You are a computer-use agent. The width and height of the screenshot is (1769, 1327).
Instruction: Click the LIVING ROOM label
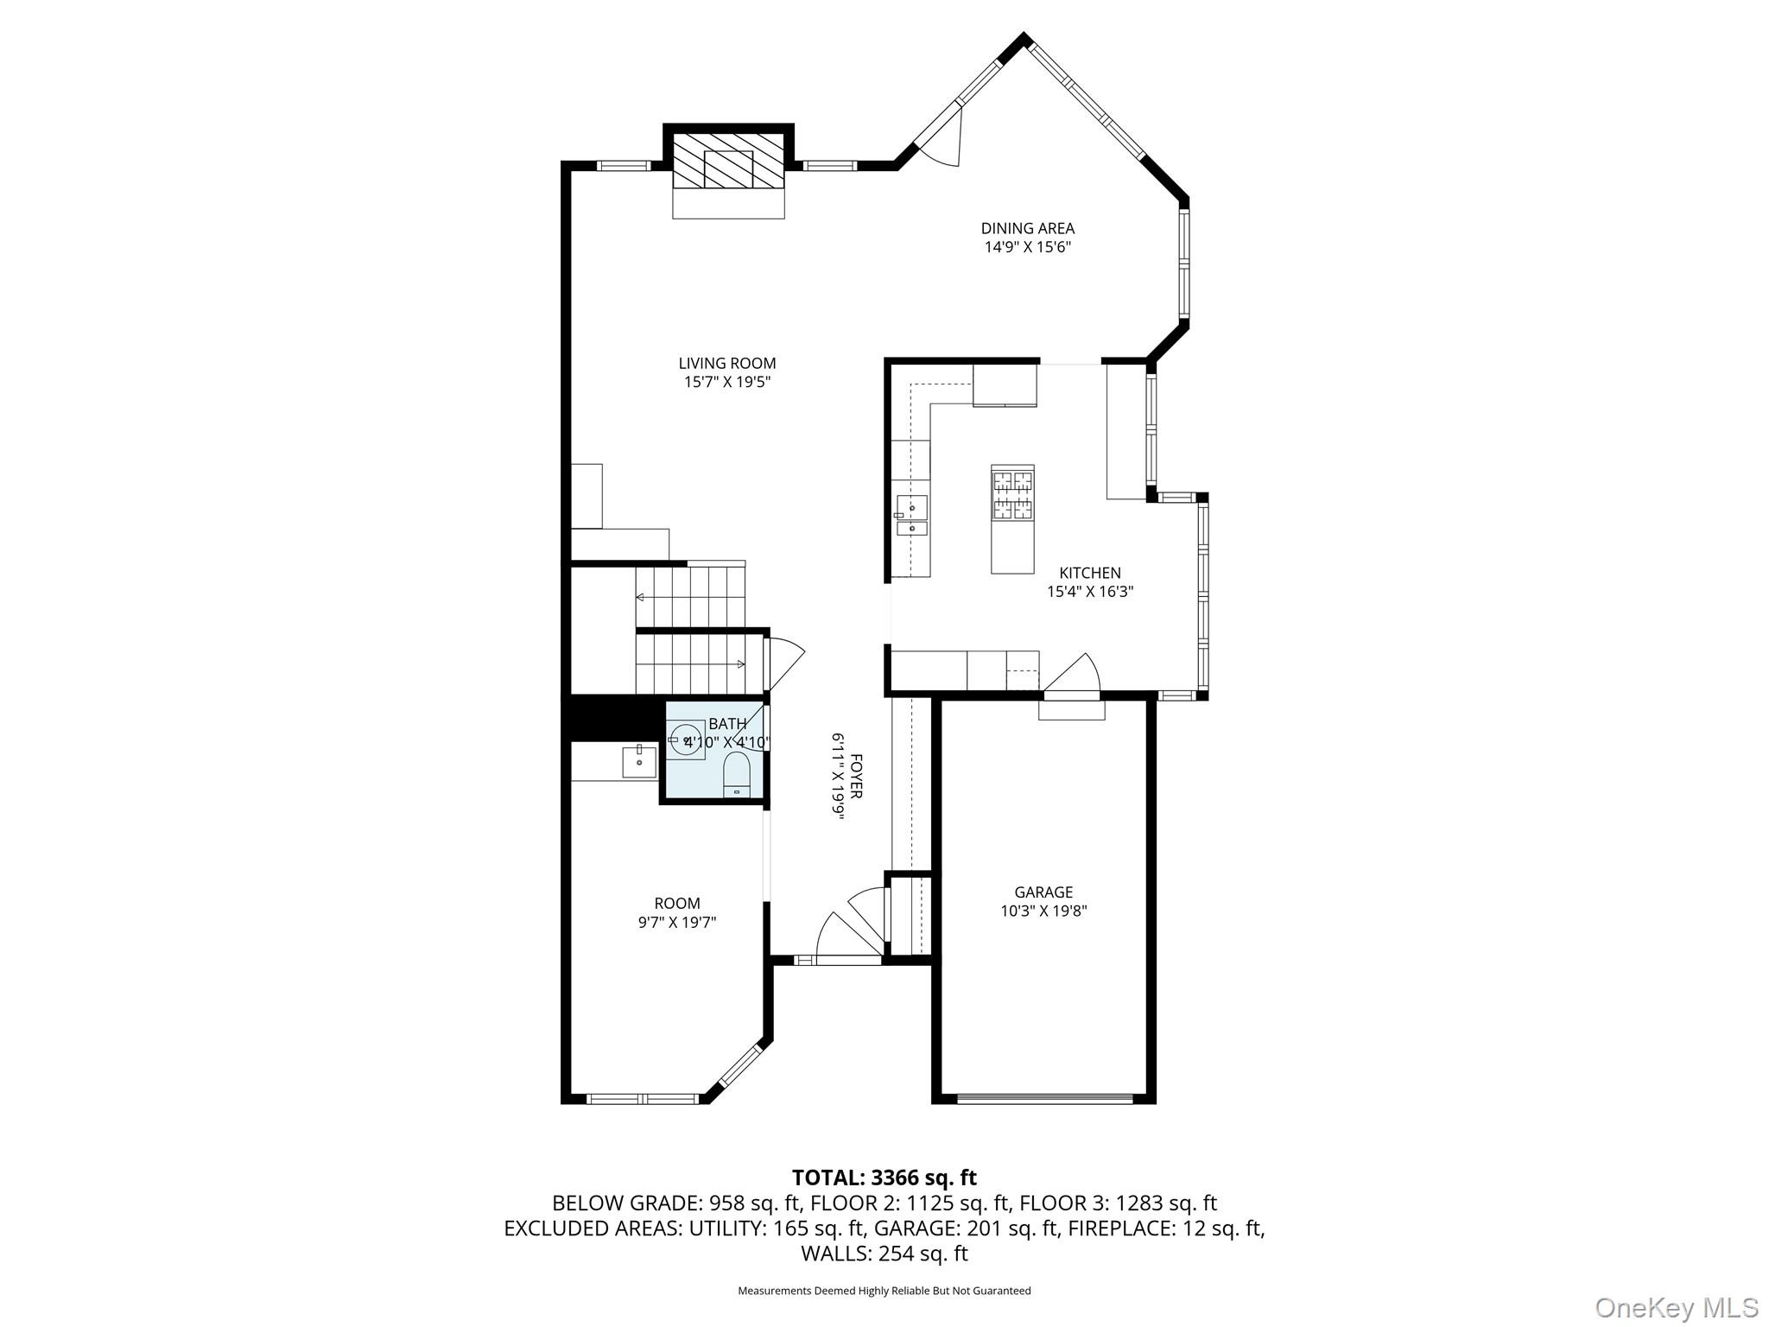point(727,364)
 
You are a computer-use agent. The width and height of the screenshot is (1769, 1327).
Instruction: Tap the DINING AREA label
point(1028,229)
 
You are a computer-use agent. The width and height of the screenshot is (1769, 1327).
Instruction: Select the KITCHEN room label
point(1090,573)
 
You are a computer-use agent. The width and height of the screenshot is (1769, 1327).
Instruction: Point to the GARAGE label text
point(1043,892)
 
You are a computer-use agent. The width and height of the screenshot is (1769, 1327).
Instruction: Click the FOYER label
point(856,777)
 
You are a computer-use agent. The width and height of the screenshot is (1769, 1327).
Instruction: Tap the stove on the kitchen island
point(1012,494)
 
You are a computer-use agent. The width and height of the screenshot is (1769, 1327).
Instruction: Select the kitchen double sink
point(912,515)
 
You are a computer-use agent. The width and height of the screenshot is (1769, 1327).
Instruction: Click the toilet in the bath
point(737,773)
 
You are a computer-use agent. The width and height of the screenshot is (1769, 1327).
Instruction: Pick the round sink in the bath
point(688,740)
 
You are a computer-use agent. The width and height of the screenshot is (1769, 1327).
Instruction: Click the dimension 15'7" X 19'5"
point(727,382)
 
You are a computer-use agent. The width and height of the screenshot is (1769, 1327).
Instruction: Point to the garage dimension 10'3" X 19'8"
point(1043,911)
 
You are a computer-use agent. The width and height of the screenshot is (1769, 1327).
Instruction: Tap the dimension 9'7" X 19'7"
point(677,923)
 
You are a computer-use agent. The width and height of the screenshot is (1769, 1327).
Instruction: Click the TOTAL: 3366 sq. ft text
point(884,1178)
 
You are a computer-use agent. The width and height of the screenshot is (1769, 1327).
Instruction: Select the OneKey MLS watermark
point(1677,1307)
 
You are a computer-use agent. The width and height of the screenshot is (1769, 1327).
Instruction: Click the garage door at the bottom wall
point(1044,1099)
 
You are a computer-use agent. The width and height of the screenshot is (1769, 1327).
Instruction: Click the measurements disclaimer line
point(884,1291)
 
